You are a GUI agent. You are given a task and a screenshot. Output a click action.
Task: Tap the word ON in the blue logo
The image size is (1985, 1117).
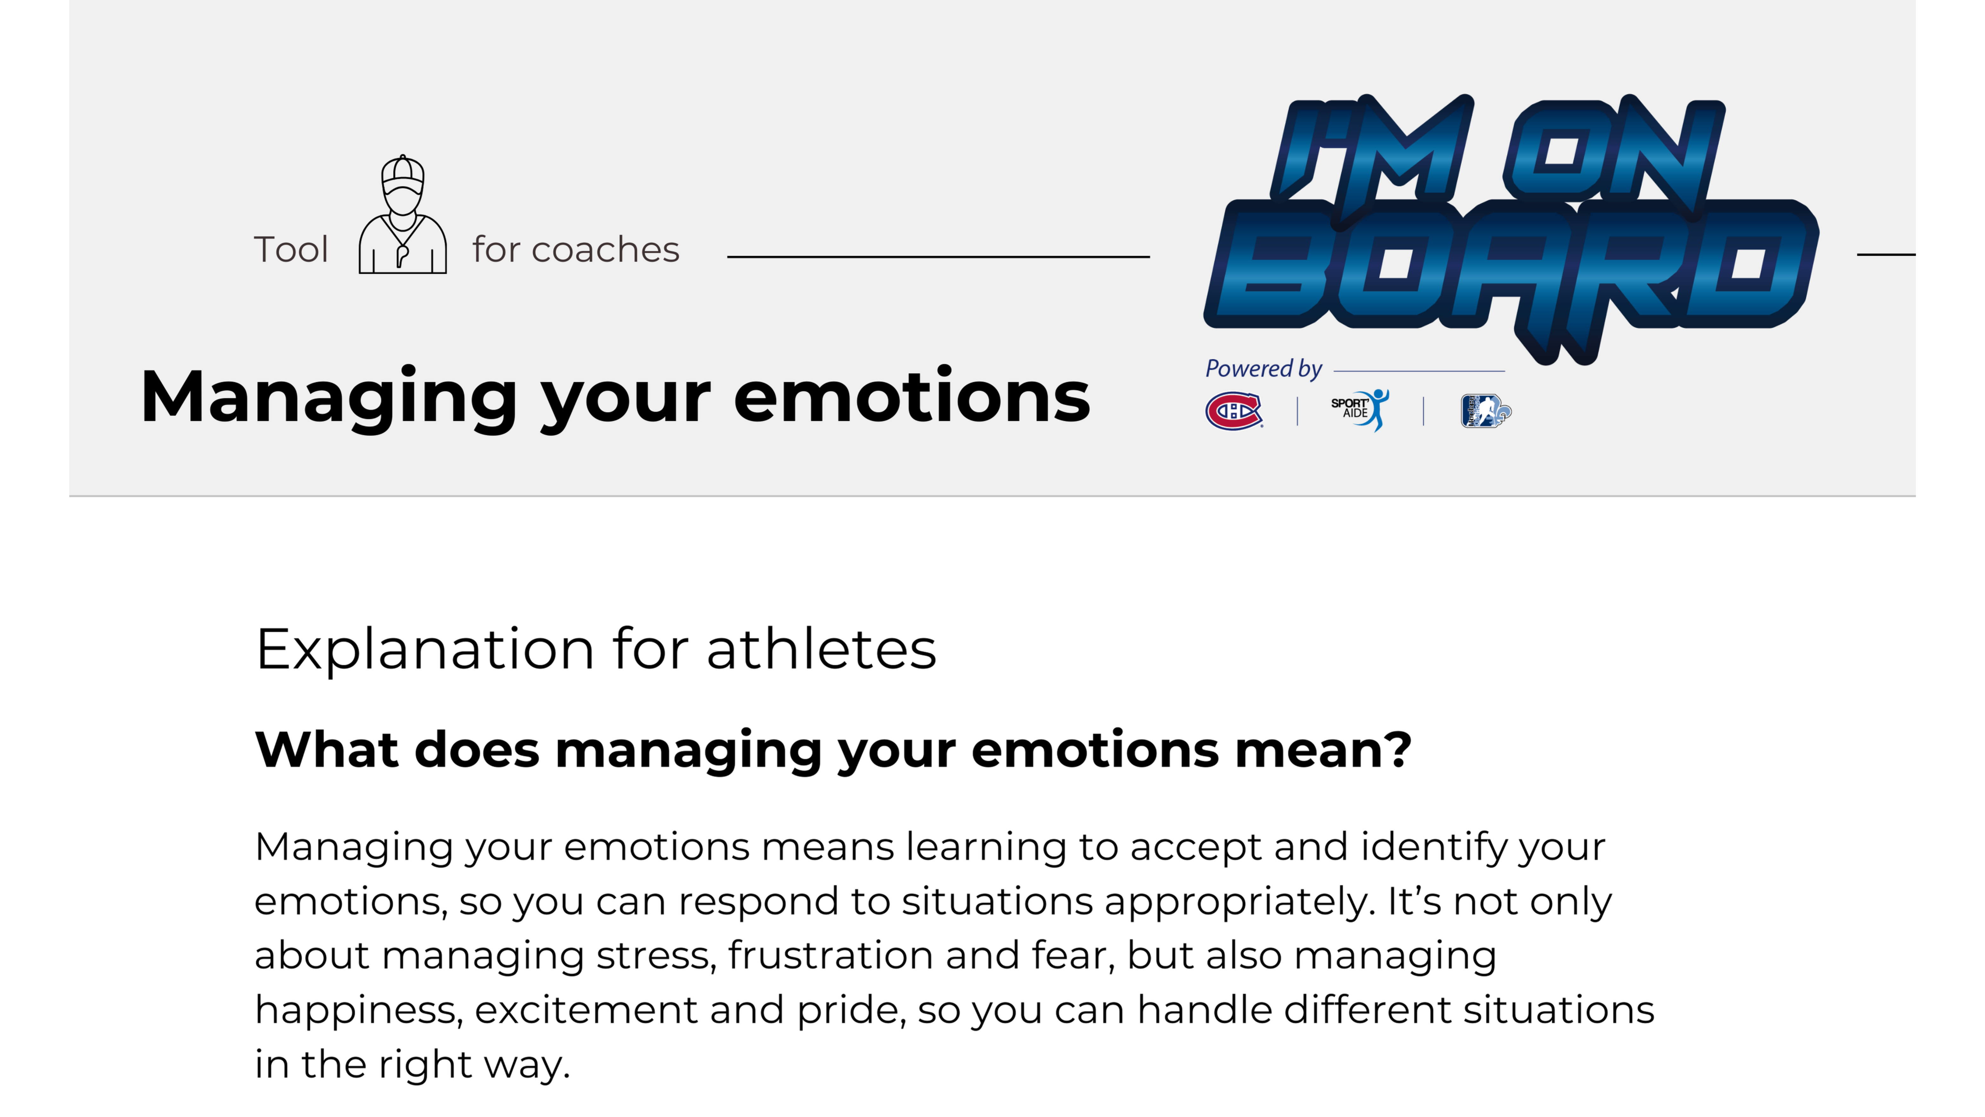click(1614, 150)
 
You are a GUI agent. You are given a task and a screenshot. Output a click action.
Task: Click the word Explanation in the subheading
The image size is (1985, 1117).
click(425, 650)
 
